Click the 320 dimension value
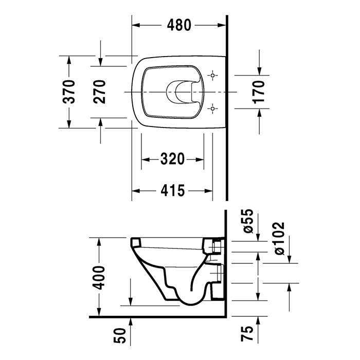[x=172, y=159]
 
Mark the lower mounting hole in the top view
[x=212, y=108]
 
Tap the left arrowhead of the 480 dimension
[x=135, y=24]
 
